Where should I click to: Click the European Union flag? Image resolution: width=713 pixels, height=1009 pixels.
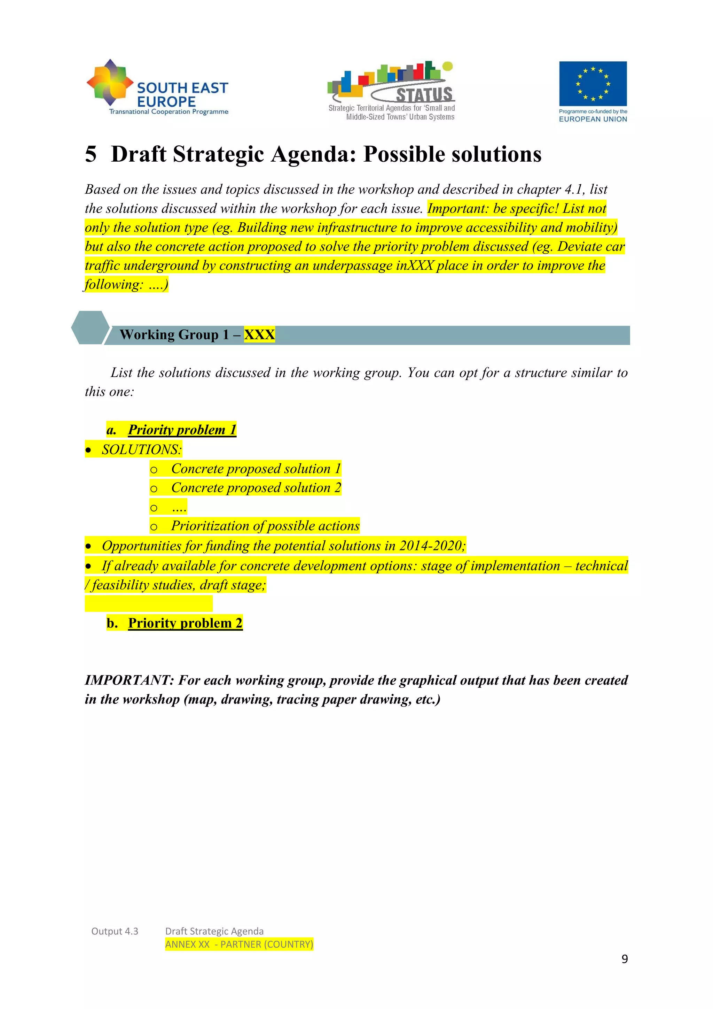coord(593,84)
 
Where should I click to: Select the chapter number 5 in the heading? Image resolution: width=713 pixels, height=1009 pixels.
coord(91,154)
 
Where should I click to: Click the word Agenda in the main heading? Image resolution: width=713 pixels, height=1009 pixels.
coord(311,154)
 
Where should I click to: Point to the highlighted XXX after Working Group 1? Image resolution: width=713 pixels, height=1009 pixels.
coord(259,335)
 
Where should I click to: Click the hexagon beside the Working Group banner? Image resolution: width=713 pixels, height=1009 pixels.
coord(90,328)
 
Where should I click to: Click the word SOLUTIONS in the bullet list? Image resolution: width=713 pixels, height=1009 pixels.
coord(141,449)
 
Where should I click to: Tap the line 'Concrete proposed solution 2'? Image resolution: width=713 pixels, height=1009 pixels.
coord(256,488)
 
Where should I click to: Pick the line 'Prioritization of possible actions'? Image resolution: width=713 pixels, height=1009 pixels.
coord(265,526)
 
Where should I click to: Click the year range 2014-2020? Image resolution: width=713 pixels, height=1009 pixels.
coord(430,546)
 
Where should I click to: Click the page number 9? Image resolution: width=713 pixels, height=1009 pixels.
coord(624,958)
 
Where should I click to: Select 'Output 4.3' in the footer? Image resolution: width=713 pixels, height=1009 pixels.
coord(115,931)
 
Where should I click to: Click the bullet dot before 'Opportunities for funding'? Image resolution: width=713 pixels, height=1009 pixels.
coord(89,546)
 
